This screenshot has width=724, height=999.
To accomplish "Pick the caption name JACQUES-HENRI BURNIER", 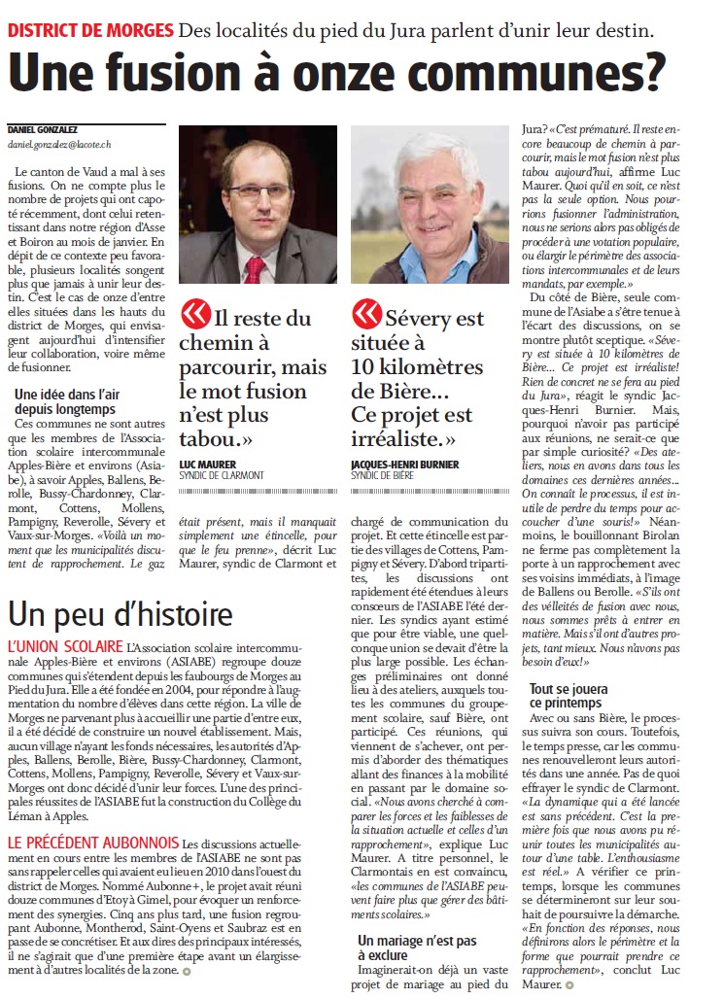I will (x=405, y=465).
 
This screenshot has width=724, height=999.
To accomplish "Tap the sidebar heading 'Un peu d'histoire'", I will (x=121, y=614).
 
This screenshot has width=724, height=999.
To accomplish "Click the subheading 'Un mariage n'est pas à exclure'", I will (x=417, y=947).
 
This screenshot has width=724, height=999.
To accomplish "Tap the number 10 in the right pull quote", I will (x=369, y=367).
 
